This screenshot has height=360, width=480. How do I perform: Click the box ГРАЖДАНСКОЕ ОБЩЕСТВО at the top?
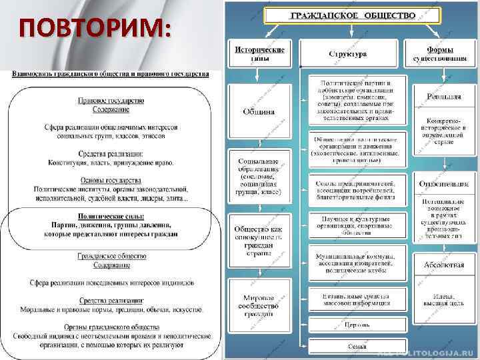coord(353,15)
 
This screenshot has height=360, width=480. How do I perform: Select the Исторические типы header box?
coord(259,53)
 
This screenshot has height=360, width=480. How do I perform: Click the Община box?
coord(259,111)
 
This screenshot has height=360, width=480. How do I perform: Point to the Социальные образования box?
coord(260,176)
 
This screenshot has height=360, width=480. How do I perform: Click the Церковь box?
coord(357,326)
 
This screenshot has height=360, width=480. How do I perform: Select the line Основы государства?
coord(111,181)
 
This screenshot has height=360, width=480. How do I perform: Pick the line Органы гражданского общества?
coord(111,327)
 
